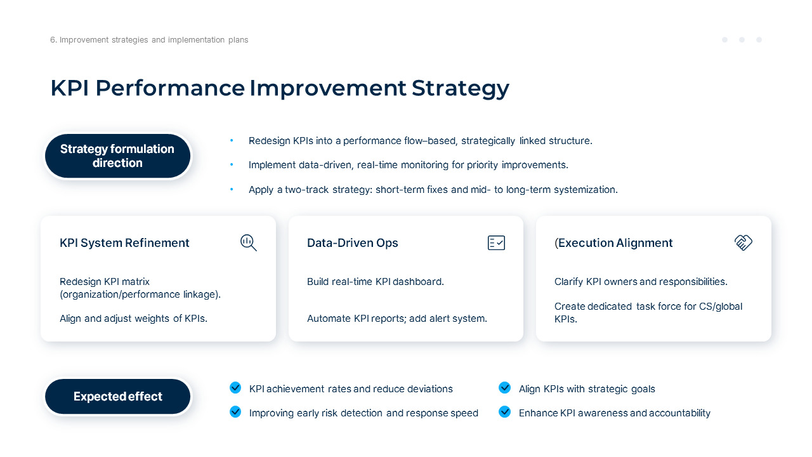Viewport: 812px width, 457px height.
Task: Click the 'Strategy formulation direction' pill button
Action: pos(117,156)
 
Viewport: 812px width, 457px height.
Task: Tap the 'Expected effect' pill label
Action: pos(117,397)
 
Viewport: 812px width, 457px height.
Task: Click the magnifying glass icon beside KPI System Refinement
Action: pos(249,242)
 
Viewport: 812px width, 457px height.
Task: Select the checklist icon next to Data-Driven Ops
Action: pos(496,242)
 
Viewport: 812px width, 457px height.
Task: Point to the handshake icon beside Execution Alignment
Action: pos(743,242)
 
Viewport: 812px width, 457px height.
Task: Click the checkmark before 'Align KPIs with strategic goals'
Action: pos(504,388)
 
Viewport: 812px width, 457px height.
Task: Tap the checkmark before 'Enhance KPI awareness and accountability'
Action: pos(504,412)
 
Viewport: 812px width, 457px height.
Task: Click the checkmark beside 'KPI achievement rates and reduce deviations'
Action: pos(235,388)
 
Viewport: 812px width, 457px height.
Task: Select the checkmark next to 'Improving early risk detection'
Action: pos(235,412)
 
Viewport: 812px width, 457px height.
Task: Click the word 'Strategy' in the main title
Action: pos(461,89)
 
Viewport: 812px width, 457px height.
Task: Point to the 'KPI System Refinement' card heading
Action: pos(124,242)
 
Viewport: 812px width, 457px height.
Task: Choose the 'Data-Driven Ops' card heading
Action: pos(352,242)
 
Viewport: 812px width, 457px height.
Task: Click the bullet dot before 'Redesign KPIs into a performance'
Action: pos(232,140)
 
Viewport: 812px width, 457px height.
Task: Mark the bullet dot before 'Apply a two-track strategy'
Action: pos(232,189)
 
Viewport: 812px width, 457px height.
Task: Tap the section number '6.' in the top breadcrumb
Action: pos(54,40)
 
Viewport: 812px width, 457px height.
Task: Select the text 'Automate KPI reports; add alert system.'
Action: pos(397,319)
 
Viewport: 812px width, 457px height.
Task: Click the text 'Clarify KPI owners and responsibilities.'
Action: pos(641,282)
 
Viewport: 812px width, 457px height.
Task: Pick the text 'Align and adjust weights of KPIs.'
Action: pos(133,319)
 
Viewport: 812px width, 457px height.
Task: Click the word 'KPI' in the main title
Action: pos(70,88)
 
